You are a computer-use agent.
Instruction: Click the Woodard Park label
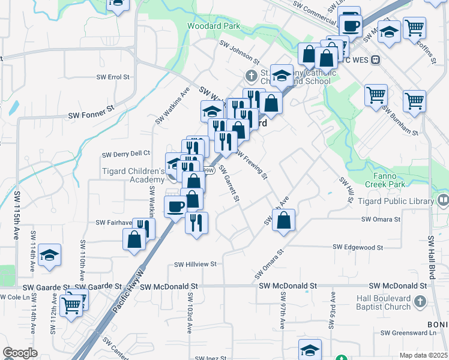214,26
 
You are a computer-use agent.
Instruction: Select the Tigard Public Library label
395,201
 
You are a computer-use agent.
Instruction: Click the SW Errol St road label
113,77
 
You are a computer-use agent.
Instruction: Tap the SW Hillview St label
195,263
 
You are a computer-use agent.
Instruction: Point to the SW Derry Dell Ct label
126,154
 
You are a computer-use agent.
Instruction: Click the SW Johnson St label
238,52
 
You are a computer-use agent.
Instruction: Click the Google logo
20,353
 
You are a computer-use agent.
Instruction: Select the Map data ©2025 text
423,355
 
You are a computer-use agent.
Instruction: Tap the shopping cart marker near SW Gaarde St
71,304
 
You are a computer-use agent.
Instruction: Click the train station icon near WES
376,60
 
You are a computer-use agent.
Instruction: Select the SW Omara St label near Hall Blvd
381,220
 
